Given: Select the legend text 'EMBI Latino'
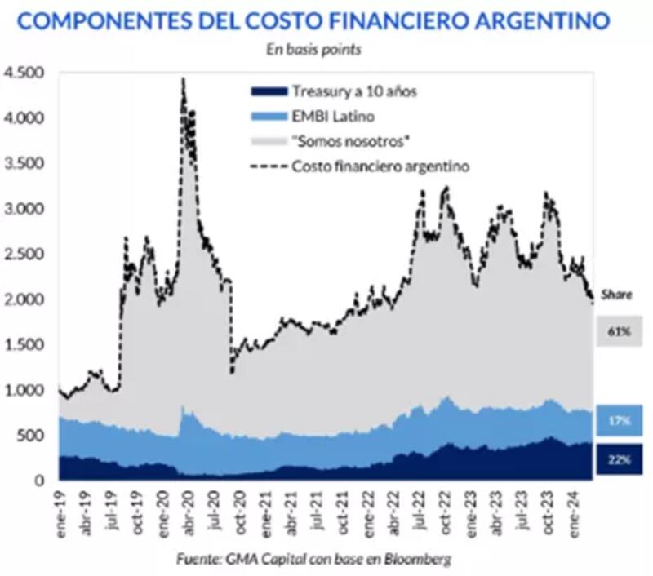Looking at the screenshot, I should [328, 117].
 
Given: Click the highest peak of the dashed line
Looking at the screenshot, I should [183, 79].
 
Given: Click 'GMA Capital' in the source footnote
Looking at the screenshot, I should [261, 559].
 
